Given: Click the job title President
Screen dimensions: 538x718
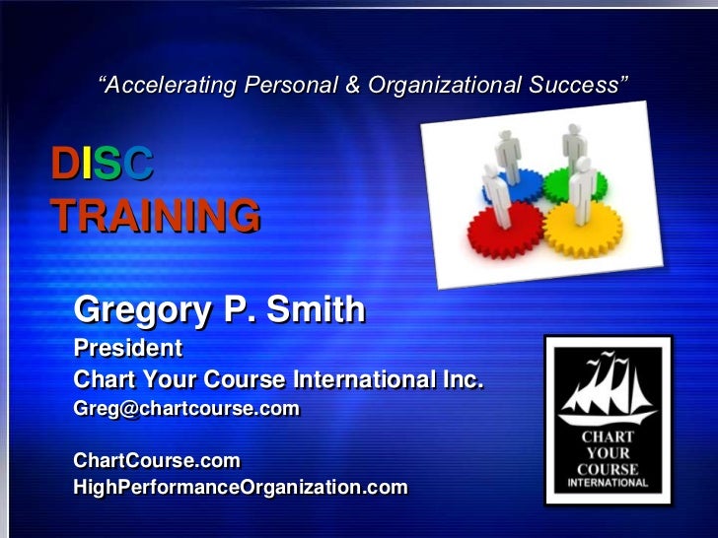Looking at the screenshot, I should [x=128, y=348].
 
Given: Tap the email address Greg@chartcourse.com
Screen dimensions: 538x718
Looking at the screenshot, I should [x=186, y=407].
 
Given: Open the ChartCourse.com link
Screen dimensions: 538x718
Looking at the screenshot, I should [x=157, y=460].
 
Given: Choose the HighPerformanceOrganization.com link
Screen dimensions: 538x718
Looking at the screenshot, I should [x=240, y=487].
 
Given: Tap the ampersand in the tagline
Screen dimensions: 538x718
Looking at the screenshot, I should [x=352, y=86].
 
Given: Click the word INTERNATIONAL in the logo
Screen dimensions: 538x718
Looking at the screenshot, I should [x=609, y=483].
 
